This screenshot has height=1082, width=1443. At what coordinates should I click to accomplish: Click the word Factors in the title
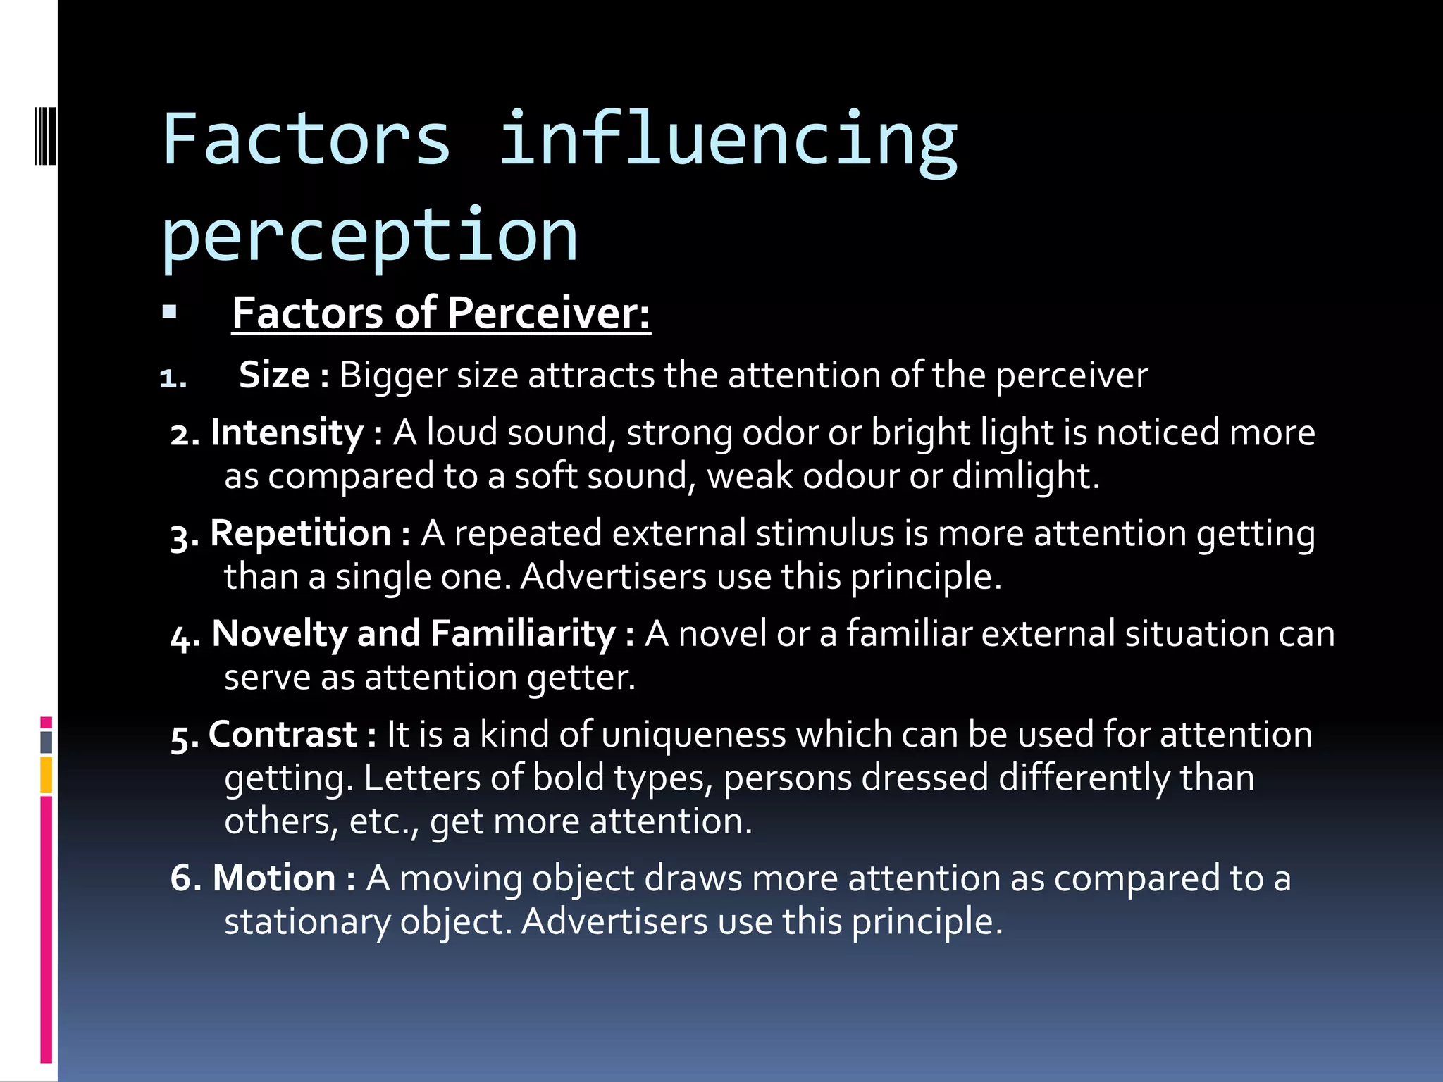tap(306, 139)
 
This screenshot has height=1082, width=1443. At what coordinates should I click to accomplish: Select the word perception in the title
tap(370, 236)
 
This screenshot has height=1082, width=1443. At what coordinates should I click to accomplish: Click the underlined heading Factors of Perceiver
tap(441, 313)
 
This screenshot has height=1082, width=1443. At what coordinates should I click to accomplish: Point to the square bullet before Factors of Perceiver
tap(169, 311)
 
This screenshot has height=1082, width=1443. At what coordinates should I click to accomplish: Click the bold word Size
tap(274, 375)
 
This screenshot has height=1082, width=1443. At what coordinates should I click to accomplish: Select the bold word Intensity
tap(287, 433)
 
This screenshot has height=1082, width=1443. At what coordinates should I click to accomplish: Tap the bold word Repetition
tap(300, 533)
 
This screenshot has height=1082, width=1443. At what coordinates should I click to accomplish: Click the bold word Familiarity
tap(524, 634)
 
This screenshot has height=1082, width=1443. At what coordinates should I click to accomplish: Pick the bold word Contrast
tap(283, 735)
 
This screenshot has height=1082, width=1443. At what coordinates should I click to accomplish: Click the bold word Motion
tap(274, 878)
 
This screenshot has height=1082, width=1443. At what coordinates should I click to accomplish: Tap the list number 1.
tap(173, 379)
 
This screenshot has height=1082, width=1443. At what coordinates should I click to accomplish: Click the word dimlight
tap(1025, 476)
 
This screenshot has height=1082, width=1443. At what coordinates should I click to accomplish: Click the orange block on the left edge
tap(46, 775)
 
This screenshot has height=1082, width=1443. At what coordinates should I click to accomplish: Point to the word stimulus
tap(825, 533)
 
